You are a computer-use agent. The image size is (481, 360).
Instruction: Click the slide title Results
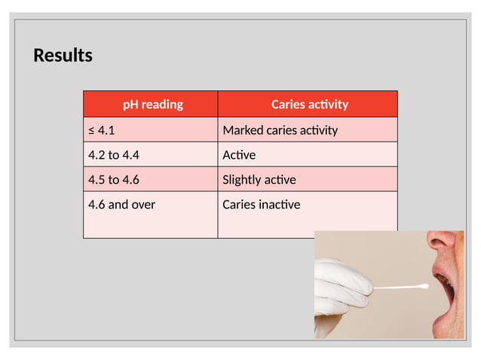tap(63, 56)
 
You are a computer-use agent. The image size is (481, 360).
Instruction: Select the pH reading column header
tap(152, 104)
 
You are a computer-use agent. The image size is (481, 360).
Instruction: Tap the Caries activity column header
tap(309, 104)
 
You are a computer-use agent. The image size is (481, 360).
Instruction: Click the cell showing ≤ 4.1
tap(102, 130)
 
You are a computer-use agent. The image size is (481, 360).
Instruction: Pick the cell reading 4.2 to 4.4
tap(114, 155)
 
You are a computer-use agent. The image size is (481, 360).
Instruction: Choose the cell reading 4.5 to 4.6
tap(114, 179)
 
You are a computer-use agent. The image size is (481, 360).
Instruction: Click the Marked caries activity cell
tap(280, 130)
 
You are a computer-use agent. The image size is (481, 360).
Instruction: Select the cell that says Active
tap(239, 155)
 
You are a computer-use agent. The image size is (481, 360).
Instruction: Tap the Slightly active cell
tap(259, 179)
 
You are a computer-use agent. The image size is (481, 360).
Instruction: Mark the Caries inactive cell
tap(261, 204)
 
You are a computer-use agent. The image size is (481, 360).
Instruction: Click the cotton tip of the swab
tap(423, 286)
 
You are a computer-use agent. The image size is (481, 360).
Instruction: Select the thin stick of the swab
tap(396, 287)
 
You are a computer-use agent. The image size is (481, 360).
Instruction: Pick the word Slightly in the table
tap(241, 179)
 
